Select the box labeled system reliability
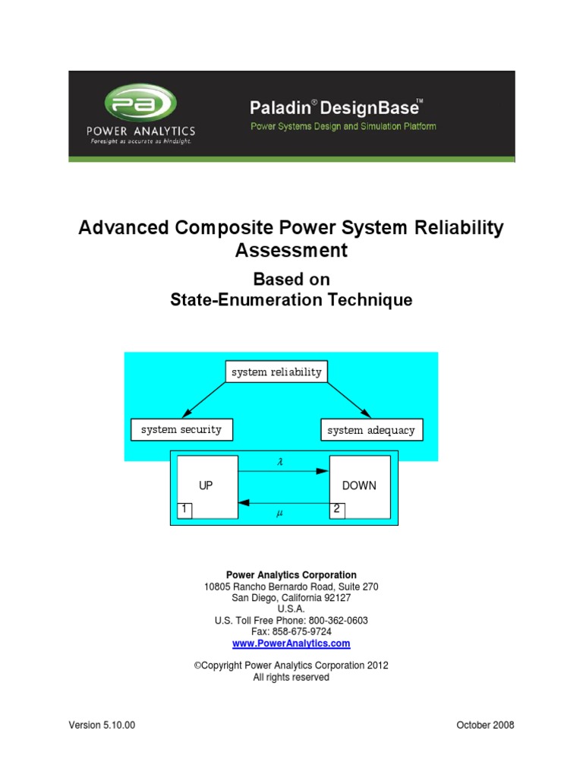click(x=276, y=372)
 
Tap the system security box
click(x=181, y=429)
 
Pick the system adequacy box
click(x=371, y=430)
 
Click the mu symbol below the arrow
click(x=279, y=514)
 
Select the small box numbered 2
click(x=336, y=510)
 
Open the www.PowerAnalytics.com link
click(x=291, y=643)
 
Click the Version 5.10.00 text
click(x=102, y=725)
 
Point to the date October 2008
click(x=485, y=725)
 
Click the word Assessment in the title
click(x=291, y=250)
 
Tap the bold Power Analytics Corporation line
click(x=291, y=575)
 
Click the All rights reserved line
click(x=291, y=677)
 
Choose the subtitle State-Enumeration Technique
click(x=291, y=300)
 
